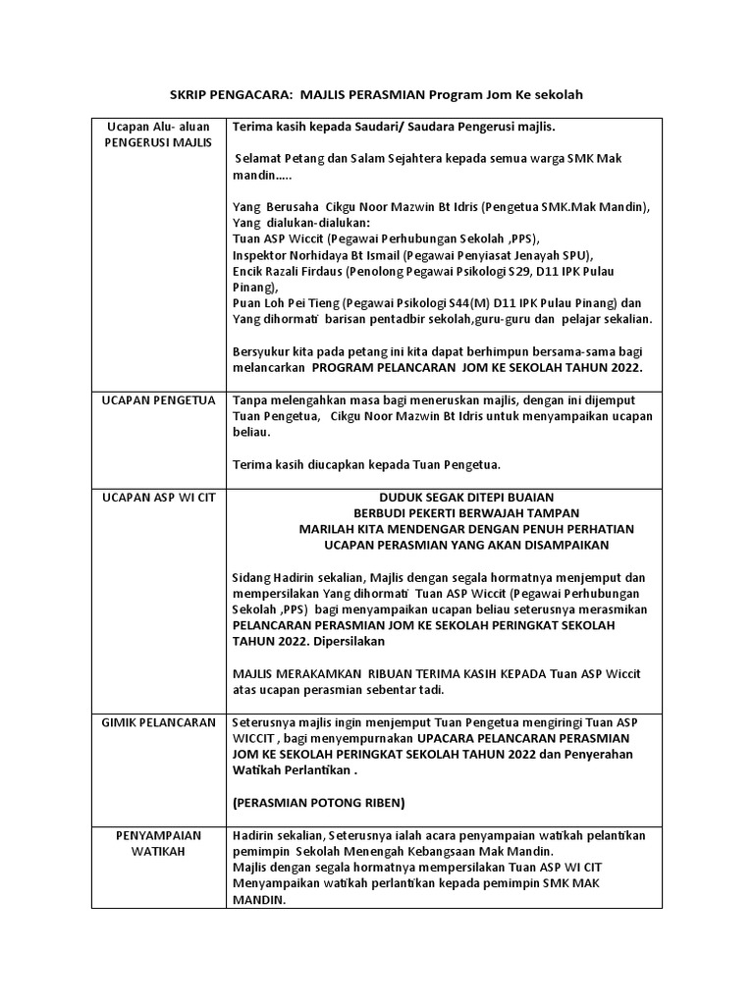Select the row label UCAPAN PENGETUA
[x=157, y=400]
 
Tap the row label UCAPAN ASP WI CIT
[x=159, y=498]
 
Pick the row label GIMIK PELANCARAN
[x=158, y=721]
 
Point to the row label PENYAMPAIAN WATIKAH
[x=158, y=842]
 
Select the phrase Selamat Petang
[x=278, y=159]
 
